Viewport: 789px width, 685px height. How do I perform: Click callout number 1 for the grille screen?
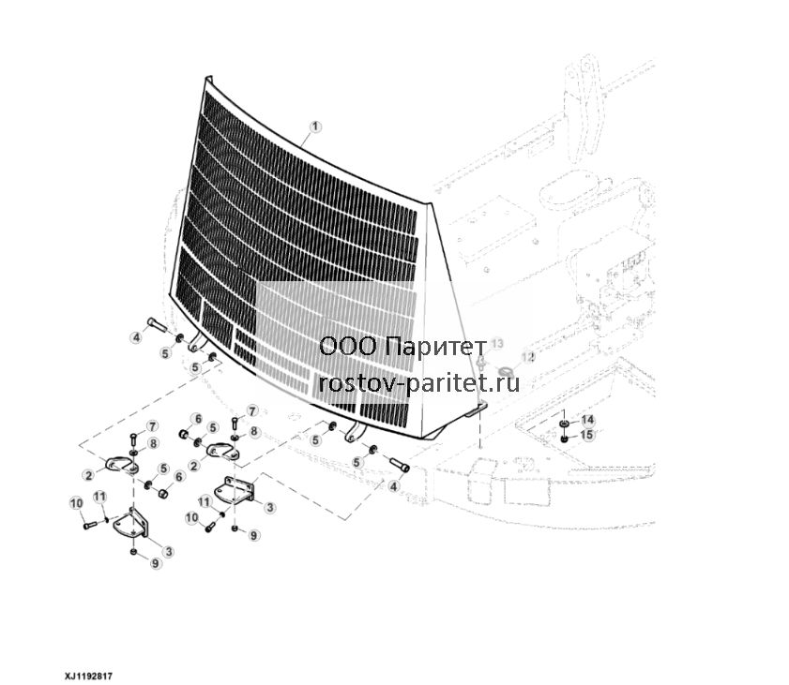315,127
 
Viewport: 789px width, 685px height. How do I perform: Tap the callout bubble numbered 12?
528,357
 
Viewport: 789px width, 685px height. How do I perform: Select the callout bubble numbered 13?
496,344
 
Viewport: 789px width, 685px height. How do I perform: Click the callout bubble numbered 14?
587,420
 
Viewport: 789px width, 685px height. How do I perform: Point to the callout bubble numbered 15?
587,435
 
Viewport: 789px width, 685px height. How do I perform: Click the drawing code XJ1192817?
88,676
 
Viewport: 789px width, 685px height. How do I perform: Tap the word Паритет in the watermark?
438,347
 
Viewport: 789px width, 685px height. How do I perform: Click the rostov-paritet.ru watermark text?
419,384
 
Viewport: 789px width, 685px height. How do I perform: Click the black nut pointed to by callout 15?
565,439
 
